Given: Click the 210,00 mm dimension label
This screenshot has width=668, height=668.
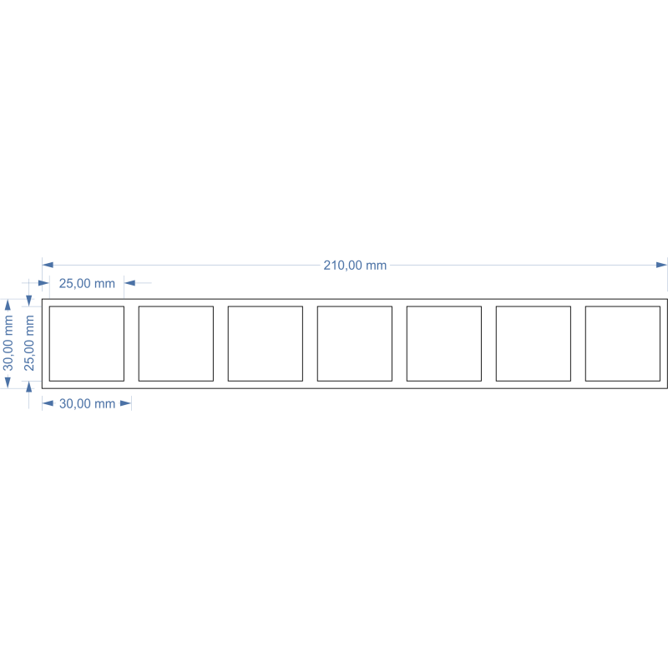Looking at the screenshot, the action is [355, 266].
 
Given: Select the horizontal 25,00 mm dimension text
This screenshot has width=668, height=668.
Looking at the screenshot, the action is [87, 283].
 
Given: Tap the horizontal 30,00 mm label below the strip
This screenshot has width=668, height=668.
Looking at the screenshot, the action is [88, 403].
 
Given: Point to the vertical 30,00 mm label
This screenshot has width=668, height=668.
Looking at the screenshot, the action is [8, 343].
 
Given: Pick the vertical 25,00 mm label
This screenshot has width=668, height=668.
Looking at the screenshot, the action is [29, 343].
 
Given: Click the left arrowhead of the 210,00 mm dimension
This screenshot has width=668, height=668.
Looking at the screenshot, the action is [48, 265].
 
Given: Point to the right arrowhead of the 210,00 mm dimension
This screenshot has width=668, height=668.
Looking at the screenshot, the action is [661, 265].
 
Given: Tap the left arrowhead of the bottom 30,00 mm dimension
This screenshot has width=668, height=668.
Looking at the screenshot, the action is [48, 403].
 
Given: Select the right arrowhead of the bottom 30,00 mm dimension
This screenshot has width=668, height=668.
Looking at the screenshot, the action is [126, 403].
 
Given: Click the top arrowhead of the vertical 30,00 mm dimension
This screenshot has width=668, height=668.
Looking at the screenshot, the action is [8, 305].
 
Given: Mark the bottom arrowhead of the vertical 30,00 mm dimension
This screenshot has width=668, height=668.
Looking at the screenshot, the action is [8, 382].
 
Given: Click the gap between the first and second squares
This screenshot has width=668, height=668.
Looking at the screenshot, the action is [131, 343].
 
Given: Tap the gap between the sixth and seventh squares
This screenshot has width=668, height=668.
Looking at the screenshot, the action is [578, 343].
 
